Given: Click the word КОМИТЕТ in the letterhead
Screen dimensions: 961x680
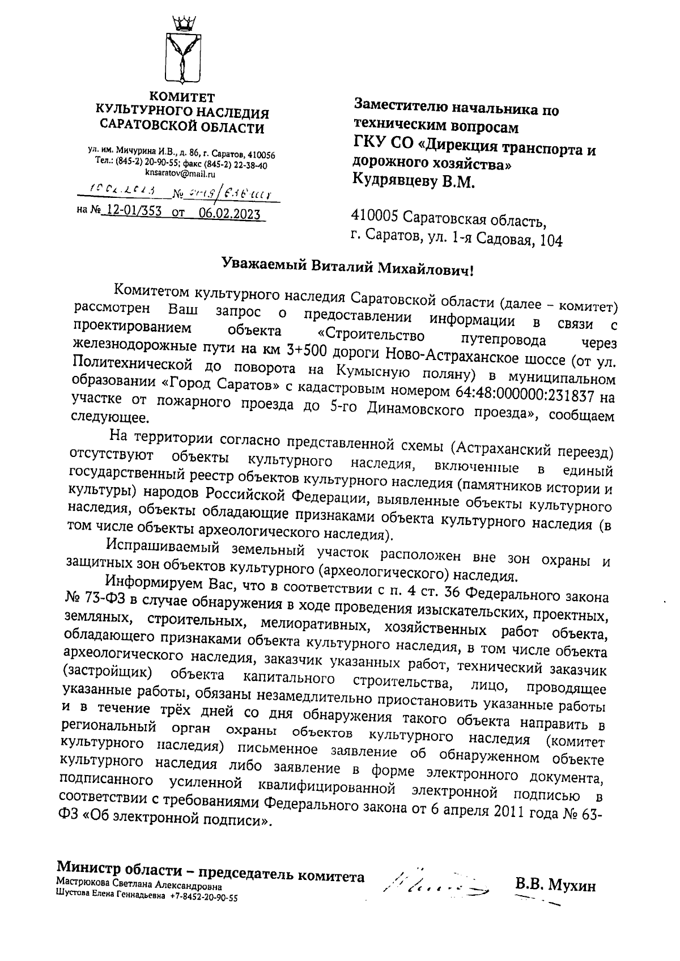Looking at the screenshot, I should tap(182, 96).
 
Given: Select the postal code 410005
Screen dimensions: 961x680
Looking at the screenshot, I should tap(376, 216).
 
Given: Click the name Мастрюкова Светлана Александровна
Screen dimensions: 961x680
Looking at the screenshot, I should tap(139, 887).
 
